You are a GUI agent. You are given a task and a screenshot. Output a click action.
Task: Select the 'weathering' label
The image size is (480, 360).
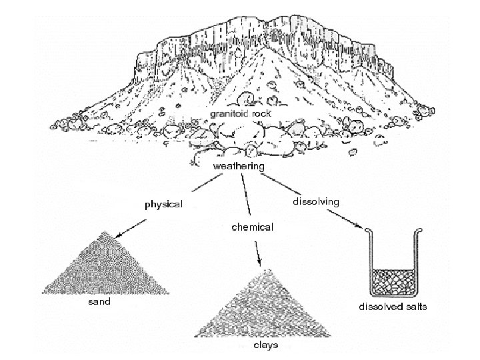click(238, 165)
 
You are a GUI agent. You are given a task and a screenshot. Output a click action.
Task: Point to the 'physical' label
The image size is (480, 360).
click(164, 204)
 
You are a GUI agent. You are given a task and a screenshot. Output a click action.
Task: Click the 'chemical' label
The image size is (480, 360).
click(251, 227)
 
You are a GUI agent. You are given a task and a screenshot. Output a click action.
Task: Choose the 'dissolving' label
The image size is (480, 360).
click(317, 201)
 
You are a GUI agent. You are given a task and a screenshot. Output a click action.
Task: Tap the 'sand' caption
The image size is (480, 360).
click(99, 301)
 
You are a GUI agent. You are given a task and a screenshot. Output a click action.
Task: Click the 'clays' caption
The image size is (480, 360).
click(265, 346)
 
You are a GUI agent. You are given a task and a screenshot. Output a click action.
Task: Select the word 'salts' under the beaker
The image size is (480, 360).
click(414, 307)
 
